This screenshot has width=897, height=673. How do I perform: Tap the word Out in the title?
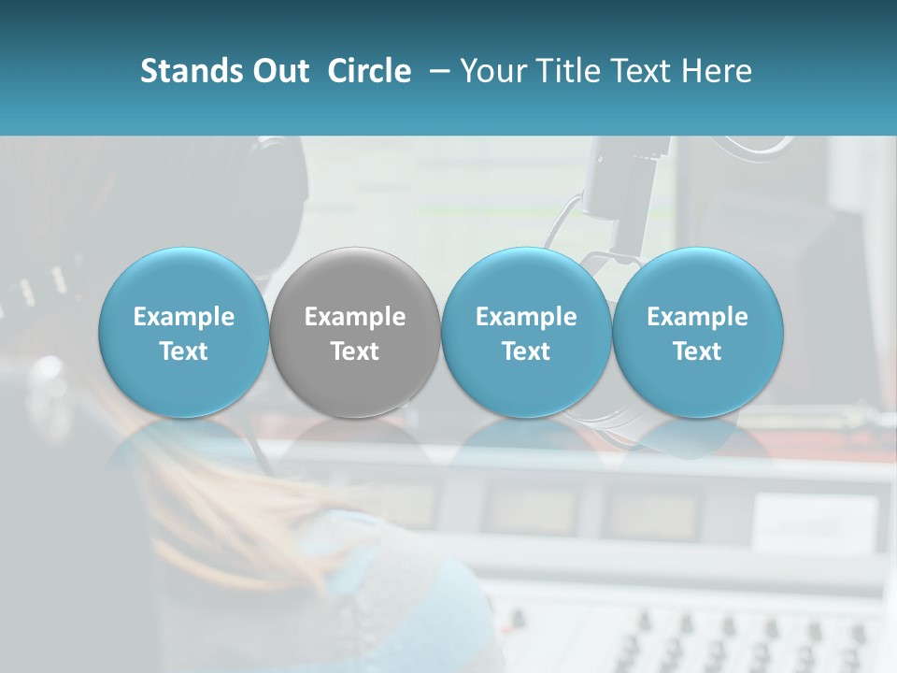278,71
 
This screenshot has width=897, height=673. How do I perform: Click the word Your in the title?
494,71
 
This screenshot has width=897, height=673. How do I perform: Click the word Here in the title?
715,71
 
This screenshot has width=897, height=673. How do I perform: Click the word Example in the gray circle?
355,317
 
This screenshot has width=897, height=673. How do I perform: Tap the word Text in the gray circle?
355,351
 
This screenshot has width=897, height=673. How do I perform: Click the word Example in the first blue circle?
184,317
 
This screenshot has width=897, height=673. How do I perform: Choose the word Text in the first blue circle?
184,351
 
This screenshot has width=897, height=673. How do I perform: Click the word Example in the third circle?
526,317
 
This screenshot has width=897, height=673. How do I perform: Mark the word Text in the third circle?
526,351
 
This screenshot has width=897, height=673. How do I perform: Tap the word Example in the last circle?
697,317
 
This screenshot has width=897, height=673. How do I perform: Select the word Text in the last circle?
697,351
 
